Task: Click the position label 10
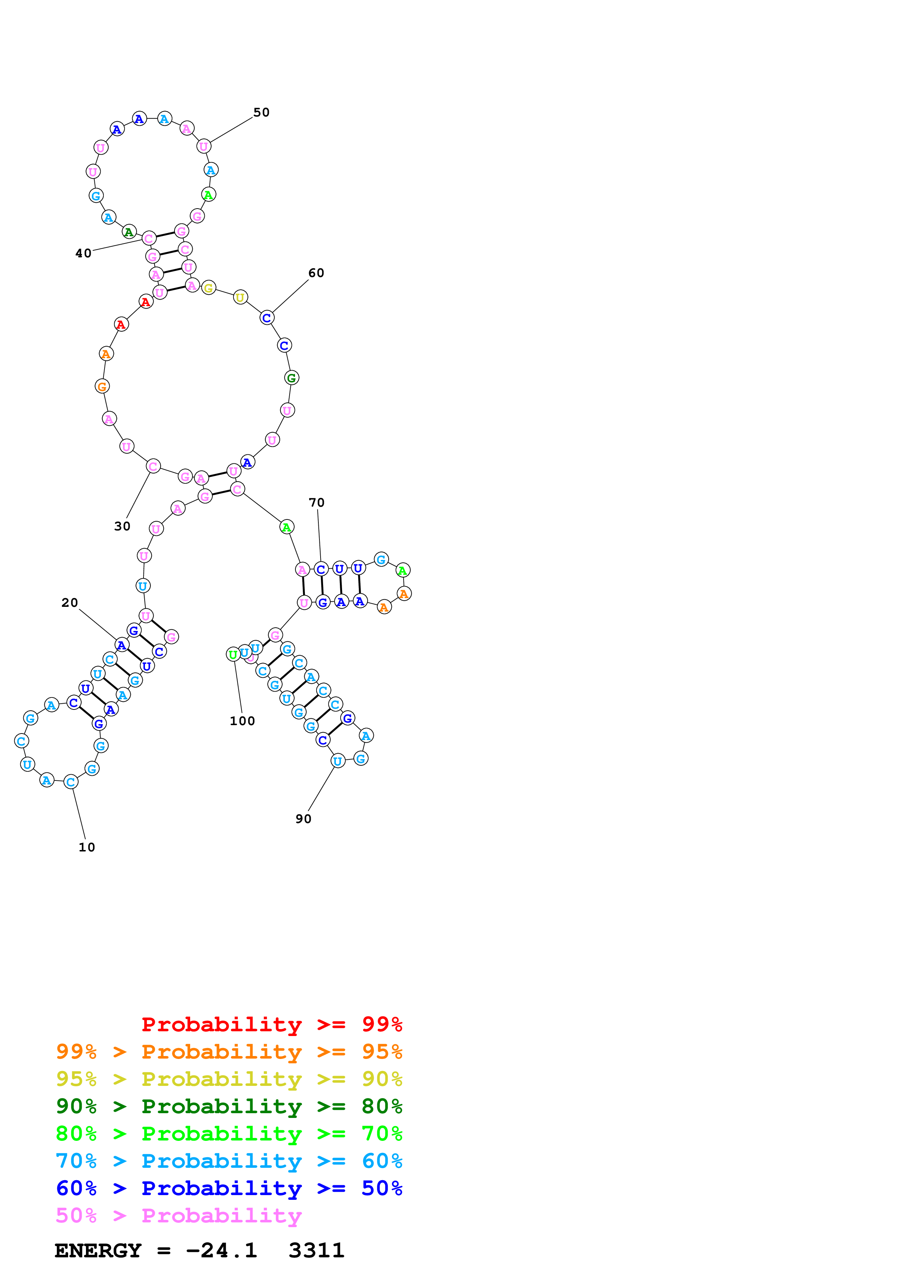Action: coord(87,847)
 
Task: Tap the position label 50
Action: coord(262,112)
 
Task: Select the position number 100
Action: coord(243,721)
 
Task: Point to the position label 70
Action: coord(317,502)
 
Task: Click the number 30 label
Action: coord(122,526)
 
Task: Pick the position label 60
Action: coord(316,273)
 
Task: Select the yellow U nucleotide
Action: coord(240,297)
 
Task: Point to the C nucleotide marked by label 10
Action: coord(71,782)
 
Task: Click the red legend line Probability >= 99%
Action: coord(271,1024)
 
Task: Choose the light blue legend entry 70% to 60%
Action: coord(229,1161)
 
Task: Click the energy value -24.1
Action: coord(221,1251)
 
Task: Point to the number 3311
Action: coord(317,1251)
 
